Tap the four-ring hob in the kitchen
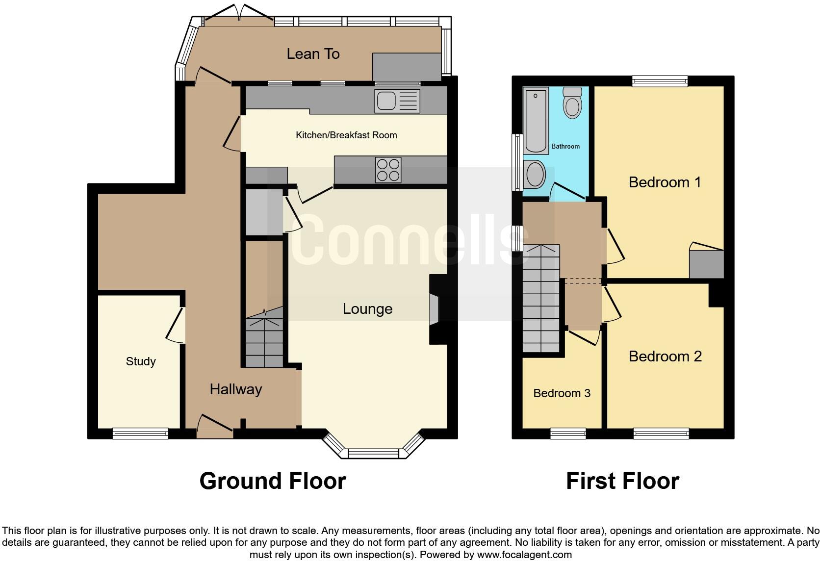388,170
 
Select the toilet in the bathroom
572,103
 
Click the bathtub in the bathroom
536,121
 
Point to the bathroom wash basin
534,174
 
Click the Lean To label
313,54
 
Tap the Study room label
141,361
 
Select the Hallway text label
236,389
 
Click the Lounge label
367,309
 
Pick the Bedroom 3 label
562,393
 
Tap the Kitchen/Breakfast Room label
346,135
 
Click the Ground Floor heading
273,481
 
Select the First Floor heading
622,481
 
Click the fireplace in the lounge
435,309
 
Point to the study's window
140,433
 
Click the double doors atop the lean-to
239,14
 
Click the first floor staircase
541,299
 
